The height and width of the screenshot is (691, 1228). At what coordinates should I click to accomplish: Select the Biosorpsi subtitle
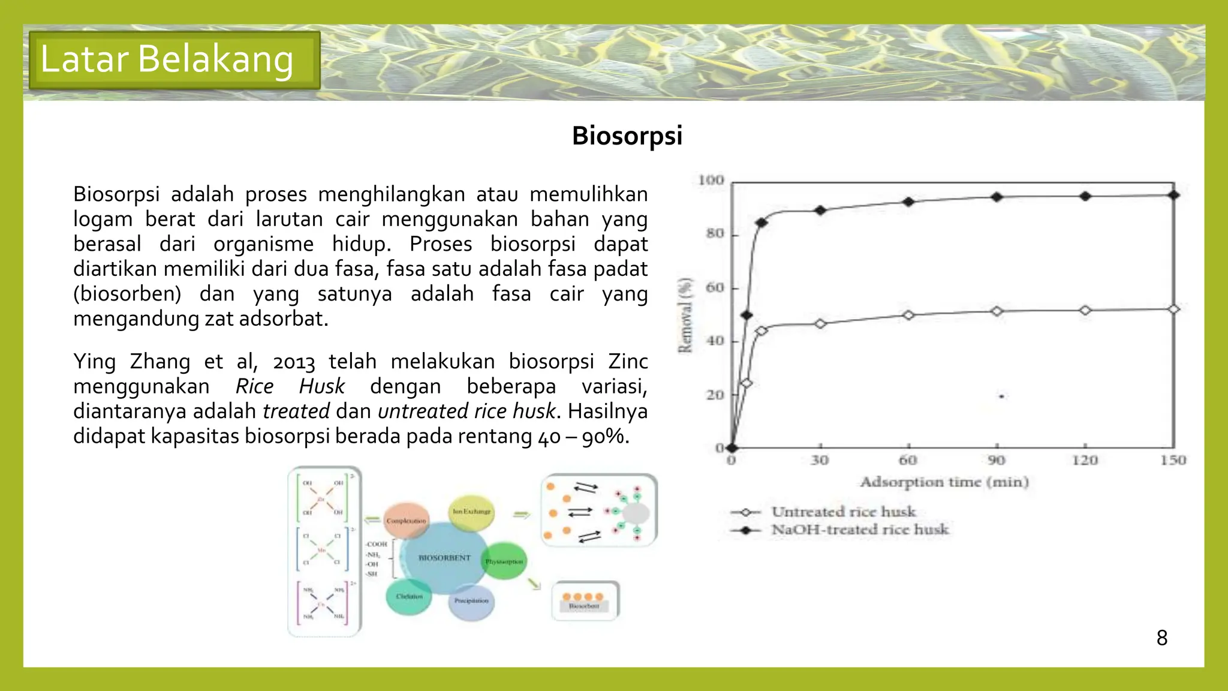[x=627, y=136]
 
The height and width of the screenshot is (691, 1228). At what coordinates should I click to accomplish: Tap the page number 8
[x=1161, y=638]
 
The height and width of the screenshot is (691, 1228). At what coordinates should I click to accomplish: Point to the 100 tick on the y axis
[x=711, y=180]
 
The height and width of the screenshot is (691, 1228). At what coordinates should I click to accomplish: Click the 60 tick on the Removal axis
[x=715, y=287]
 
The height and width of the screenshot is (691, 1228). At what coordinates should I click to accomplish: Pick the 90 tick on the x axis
[x=997, y=460]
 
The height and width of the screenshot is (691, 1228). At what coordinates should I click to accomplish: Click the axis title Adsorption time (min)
[x=944, y=482]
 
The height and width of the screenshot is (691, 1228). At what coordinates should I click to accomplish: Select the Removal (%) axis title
[x=685, y=316]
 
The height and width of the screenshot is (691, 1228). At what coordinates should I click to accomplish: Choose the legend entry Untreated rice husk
[x=843, y=512]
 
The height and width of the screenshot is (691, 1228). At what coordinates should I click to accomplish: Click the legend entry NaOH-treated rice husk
[x=859, y=530]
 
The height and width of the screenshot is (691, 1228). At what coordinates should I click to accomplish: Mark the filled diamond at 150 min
[x=1174, y=195]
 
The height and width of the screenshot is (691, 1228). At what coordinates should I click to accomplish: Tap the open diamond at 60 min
[x=908, y=315]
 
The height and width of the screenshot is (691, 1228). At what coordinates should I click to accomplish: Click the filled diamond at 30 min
[x=820, y=210]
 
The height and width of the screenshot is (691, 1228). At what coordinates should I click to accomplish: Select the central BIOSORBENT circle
[x=444, y=558]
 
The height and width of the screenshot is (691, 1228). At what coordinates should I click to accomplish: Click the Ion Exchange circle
[x=471, y=512]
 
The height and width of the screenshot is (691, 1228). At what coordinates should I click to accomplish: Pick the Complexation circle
[x=406, y=521]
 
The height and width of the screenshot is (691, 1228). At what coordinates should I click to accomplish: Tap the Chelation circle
[x=409, y=596]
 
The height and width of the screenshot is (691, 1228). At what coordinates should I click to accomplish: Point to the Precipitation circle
[x=471, y=601]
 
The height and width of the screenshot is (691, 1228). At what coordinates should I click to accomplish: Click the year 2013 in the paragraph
[x=293, y=362]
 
